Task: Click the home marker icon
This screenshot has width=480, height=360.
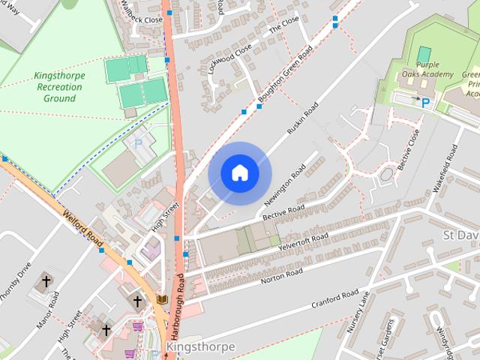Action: point(240,173)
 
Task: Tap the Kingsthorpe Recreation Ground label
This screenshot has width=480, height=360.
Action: point(59,87)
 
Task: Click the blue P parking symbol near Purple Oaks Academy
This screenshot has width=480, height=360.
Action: point(425,103)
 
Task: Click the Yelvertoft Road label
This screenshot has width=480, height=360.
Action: point(303,243)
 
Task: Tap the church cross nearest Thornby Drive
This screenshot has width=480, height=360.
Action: point(46,281)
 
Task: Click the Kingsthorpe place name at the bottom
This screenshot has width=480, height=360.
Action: point(200,346)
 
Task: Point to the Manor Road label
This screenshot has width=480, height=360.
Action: point(49,310)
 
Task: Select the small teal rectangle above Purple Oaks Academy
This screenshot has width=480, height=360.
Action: point(424,54)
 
